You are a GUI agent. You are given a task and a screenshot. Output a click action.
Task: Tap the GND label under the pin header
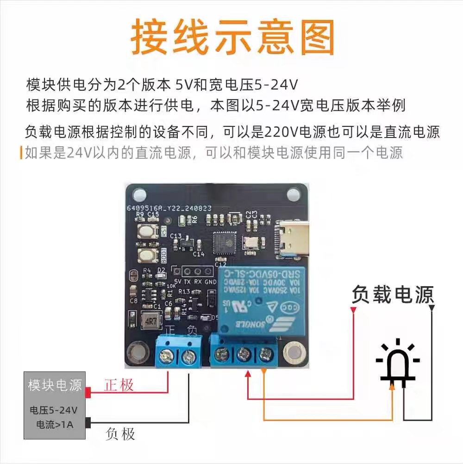pyautogui.click(x=211, y=282)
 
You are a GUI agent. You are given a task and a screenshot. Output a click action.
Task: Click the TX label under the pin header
pyautogui.click(x=188, y=282)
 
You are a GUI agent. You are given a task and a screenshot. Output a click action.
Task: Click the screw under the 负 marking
pyautogui.click(x=188, y=357)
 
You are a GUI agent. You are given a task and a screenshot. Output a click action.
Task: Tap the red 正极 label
pyautogui.click(x=119, y=385)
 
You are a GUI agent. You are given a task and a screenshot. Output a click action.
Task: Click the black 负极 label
pyautogui.click(x=120, y=434)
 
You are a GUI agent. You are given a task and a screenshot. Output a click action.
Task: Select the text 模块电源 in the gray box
pyautogui.click(x=55, y=385)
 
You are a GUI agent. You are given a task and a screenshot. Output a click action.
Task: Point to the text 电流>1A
pyautogui.click(x=55, y=424)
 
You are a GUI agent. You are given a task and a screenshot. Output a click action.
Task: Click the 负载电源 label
pyautogui.click(x=393, y=295)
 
